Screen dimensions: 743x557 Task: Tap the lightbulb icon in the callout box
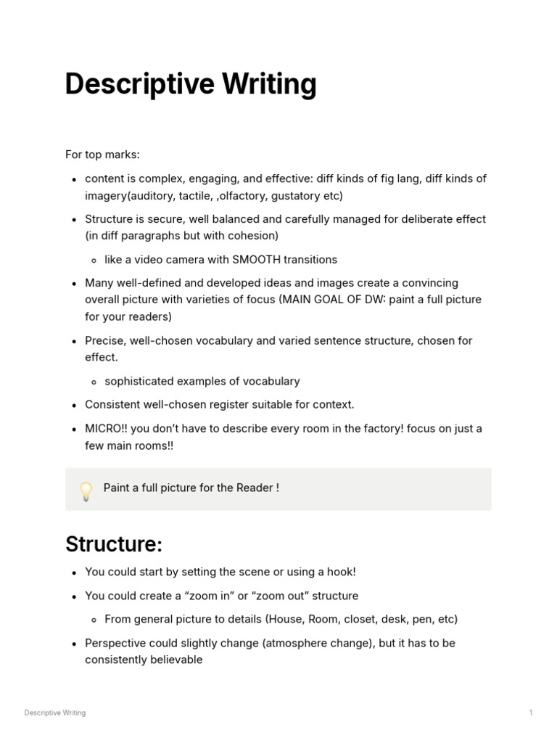(86, 490)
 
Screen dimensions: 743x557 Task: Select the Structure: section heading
(114, 543)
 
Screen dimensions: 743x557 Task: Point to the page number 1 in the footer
(531, 713)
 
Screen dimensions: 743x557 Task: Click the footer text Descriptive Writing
(55, 713)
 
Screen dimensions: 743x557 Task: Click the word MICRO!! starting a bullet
(106, 428)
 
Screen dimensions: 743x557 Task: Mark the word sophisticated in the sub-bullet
(138, 381)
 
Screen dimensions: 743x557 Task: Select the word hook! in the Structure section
(339, 572)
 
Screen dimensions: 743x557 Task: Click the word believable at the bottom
(174, 660)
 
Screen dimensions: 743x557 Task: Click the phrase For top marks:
(102, 155)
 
